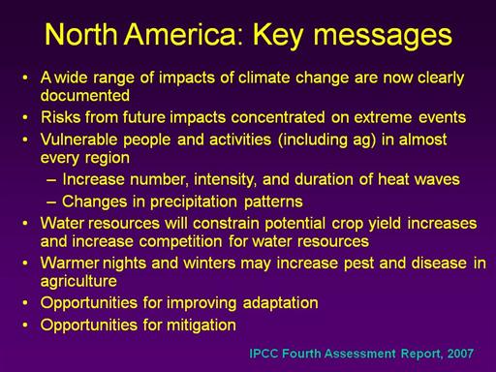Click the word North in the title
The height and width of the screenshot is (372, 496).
[80, 34]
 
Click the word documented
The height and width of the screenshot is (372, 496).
[85, 96]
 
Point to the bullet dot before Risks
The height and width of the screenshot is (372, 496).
[25, 117]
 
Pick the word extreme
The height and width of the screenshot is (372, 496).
[383, 117]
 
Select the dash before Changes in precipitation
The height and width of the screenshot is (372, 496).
[51, 202]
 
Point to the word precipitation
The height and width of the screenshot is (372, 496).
[194, 202]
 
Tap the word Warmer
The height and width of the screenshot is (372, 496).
[69, 263]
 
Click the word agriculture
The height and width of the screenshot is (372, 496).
[78, 282]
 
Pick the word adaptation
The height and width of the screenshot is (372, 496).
[280, 303]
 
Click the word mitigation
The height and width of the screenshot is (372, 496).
[201, 325]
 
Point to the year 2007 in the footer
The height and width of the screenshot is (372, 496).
[460, 354]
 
